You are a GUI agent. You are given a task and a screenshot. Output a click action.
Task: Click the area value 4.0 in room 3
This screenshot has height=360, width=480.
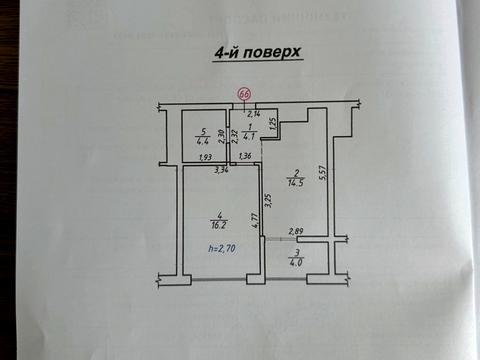pyautogui.click(x=296, y=263)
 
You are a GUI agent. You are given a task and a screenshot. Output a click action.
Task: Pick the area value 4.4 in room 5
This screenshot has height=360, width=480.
pyautogui.click(x=203, y=140)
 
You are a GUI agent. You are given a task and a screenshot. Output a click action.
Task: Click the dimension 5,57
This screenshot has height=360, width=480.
pyautogui.click(x=322, y=174)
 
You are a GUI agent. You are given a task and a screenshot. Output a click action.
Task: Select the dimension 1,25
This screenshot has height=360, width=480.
pyautogui.click(x=272, y=121)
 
